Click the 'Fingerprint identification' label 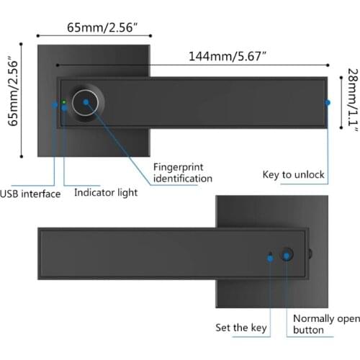coord(183,173)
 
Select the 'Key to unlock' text coord(294,174)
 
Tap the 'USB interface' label coord(30,194)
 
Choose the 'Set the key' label coord(242,328)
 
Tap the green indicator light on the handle coord(64,102)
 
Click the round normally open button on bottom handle coord(287,255)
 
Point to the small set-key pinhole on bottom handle coord(270,255)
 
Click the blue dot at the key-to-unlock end coord(328,102)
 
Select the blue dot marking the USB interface coord(55,104)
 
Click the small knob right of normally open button coord(311,254)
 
